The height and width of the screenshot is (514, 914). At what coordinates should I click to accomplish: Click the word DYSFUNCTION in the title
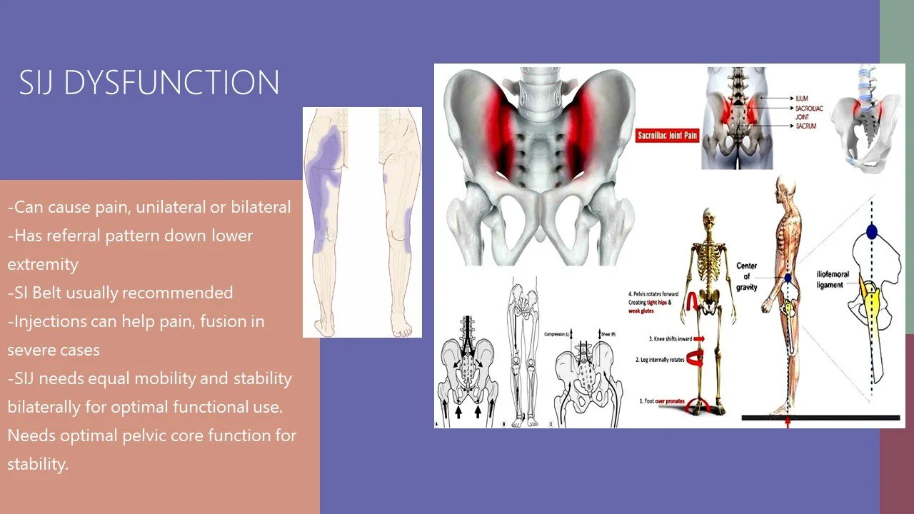pos(171,83)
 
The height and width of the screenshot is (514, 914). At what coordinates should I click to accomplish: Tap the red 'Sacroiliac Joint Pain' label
pos(667,135)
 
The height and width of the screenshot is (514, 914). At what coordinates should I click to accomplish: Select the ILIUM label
pos(803,98)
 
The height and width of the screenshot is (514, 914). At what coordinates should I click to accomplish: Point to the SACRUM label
pos(805,126)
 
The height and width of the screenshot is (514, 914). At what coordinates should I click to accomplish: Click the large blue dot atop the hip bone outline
pos(871,231)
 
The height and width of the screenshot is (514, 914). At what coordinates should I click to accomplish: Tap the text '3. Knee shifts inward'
pos(671,338)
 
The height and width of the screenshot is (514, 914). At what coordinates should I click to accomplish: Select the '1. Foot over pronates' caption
pos(662,401)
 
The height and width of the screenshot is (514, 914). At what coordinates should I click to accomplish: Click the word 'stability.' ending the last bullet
pos(38,464)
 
